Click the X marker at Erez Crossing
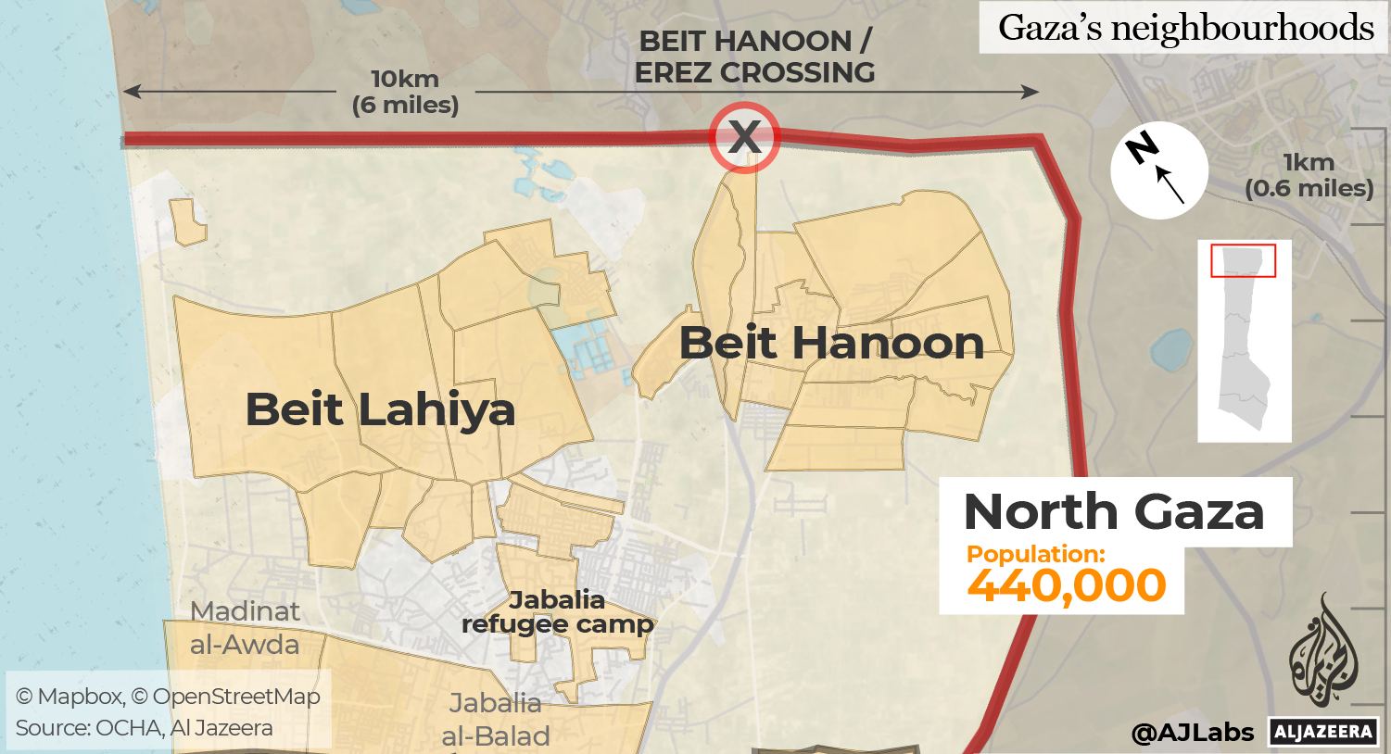(744, 137)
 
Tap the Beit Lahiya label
(380, 409)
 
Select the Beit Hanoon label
(831, 344)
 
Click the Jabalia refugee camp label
(557, 612)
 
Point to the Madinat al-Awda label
(245, 628)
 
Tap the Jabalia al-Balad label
(496, 720)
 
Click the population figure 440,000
(1066, 585)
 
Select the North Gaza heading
(1114, 511)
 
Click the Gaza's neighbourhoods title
(1185, 28)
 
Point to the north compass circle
(1159, 170)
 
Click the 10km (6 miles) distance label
(405, 92)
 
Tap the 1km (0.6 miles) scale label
(1309, 175)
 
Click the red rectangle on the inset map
(1243, 260)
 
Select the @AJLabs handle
(1192, 733)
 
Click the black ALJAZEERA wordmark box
(1323, 732)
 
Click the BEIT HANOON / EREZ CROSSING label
(754, 57)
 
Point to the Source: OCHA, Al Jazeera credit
(144, 728)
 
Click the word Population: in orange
(1035, 554)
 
